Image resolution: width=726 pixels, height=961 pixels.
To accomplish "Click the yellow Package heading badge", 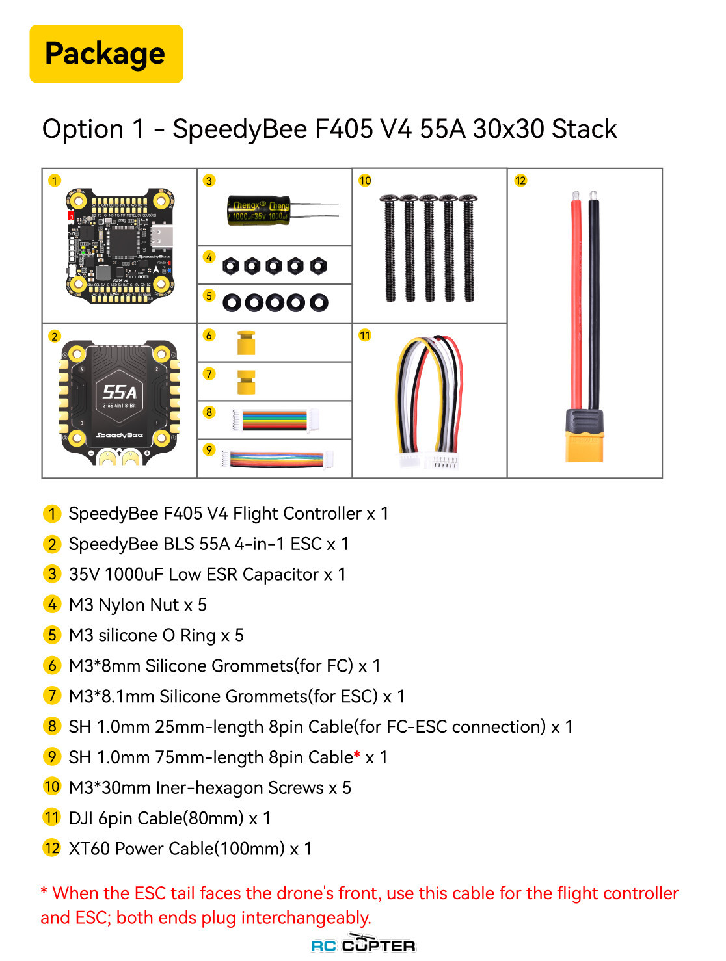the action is tap(106, 53).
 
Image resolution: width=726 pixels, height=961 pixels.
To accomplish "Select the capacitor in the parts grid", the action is tap(282, 210).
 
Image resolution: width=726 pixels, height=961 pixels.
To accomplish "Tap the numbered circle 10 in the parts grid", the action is tap(365, 180).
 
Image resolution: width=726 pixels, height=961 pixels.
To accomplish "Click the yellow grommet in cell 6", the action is tap(246, 343).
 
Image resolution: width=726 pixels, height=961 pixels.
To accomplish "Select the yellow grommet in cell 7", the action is tap(246, 381).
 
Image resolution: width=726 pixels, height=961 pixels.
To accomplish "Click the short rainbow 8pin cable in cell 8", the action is tap(275, 419).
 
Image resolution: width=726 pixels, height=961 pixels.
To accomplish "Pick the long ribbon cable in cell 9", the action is tap(276, 459).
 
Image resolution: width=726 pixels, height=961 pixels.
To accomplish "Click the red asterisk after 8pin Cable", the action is tap(357, 754).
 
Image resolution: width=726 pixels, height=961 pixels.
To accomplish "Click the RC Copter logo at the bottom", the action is tap(362, 943).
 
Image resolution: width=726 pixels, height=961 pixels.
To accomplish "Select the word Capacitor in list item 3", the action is tap(280, 574).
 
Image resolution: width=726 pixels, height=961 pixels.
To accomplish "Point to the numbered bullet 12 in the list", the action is tap(51, 848).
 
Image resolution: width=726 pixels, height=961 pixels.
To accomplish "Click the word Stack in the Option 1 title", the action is tap(584, 129).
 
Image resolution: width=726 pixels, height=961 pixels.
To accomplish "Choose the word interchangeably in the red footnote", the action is tap(306, 917).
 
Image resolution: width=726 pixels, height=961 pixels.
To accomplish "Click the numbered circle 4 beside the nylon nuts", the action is tap(209, 257).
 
